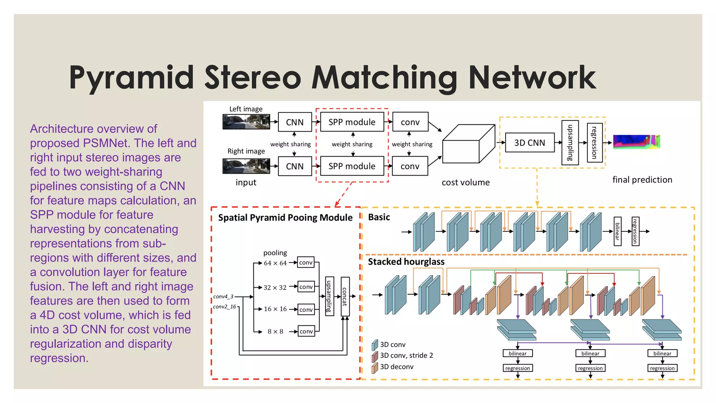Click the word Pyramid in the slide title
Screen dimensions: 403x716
click(131, 78)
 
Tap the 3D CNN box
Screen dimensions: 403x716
click(529, 143)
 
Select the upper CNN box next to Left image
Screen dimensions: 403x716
click(295, 122)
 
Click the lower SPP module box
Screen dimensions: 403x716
click(352, 166)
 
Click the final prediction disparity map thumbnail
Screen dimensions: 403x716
click(636, 142)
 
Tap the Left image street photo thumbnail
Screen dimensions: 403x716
click(246, 122)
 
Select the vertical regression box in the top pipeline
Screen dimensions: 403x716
click(594, 143)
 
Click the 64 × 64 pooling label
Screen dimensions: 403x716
click(275, 263)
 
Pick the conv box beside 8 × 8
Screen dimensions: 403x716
click(306, 331)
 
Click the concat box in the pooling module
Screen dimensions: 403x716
click(345, 297)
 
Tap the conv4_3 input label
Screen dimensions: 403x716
click(223, 297)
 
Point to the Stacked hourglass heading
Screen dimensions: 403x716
click(406, 262)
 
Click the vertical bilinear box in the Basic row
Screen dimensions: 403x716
click(617, 231)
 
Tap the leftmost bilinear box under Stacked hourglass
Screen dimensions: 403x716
click(517, 353)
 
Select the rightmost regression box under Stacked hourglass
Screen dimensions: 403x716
click(662, 368)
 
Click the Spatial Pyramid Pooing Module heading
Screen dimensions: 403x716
click(285, 218)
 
